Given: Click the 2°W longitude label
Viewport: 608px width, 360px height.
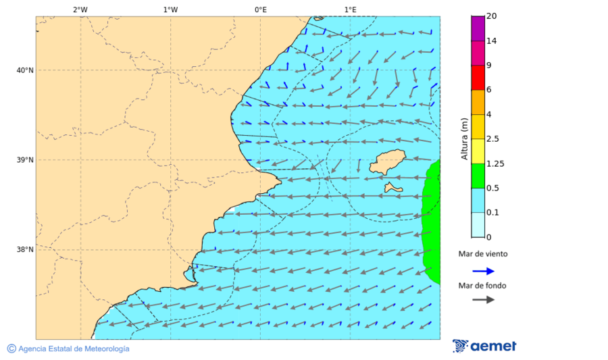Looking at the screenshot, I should coord(80,9).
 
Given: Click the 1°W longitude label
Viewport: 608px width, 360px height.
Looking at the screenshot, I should coord(170,9).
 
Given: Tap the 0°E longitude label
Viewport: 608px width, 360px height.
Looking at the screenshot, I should coord(260,9).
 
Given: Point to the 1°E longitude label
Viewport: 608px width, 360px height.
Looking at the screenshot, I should coord(350,9).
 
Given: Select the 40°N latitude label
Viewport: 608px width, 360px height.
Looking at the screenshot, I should coord(25,70).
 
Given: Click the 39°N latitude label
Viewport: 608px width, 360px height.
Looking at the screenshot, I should coord(25,160).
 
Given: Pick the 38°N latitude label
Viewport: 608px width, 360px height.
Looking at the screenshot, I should coord(25,250).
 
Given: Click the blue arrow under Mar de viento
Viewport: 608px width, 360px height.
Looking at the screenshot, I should coord(483,271).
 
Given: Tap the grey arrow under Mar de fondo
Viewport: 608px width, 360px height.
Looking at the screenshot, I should coord(483,300).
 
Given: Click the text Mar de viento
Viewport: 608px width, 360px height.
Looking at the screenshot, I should coord(482,255).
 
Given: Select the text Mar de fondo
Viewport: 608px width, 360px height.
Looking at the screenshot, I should coord(482,285).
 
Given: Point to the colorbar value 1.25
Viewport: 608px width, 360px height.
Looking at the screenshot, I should coord(496,163).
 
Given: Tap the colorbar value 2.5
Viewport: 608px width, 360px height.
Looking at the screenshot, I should coord(493,139).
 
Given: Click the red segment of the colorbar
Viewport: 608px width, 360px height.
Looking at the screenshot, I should coord(478,78).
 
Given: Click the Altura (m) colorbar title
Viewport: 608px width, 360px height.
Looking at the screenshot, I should coord(464,139).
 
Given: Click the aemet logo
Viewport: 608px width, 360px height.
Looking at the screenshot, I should coord(484,346).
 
